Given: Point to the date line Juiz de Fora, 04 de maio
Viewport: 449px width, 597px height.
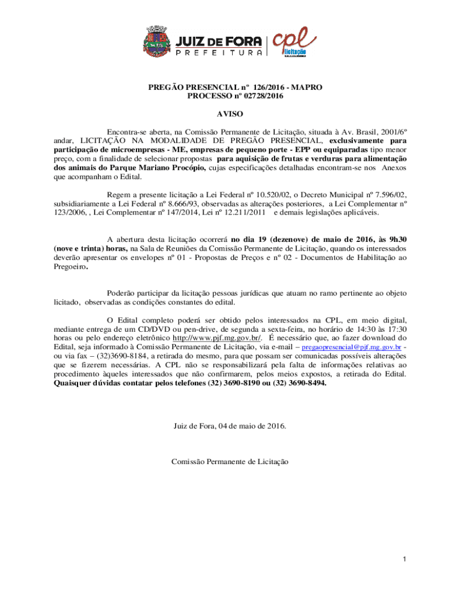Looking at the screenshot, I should pyautogui.click(x=230, y=426).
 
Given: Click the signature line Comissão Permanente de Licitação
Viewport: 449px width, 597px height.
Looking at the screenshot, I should pyautogui.click(x=230, y=461).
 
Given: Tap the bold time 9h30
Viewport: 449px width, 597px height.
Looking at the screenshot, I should pyautogui.click(x=396, y=238).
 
